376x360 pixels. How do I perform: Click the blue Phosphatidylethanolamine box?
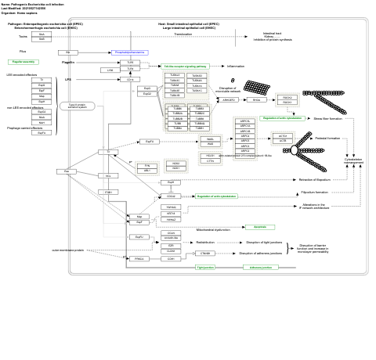click(130, 52)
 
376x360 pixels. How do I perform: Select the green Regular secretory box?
click(23, 62)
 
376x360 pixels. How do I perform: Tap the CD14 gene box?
click(130, 80)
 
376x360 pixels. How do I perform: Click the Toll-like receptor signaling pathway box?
click(186, 67)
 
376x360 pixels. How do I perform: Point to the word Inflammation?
click(236, 67)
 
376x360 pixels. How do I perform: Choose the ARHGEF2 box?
click(228, 100)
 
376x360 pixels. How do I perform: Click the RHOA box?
click(256, 100)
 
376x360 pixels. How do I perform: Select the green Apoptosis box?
click(259, 227)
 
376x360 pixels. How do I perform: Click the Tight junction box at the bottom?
click(206, 267)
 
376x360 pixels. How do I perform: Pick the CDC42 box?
click(172, 196)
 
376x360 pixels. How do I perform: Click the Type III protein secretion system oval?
click(77, 106)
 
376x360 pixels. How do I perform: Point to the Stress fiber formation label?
click(327, 119)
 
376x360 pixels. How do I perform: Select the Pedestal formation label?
click(327, 139)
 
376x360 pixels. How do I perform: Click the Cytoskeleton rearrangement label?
click(353, 160)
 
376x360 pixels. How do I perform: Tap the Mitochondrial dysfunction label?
click(213, 230)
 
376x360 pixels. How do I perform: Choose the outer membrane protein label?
click(67, 250)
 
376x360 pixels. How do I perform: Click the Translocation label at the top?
click(183, 34)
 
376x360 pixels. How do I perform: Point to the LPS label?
click(68, 80)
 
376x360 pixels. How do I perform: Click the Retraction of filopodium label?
click(314, 179)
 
